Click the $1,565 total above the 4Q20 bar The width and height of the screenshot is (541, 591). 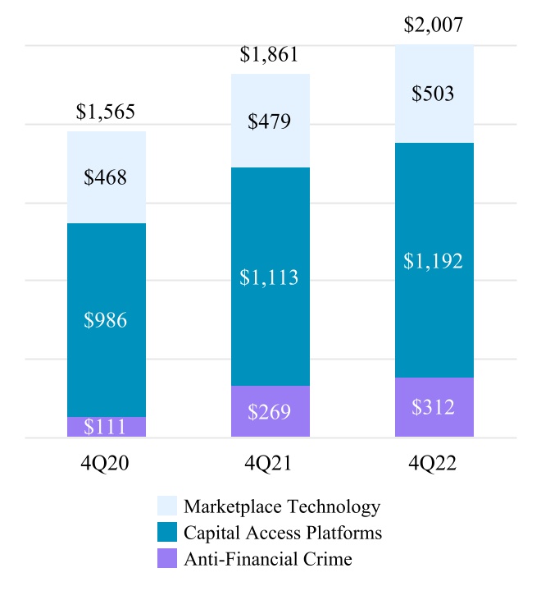point(106,112)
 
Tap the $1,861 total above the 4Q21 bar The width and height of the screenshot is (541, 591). point(269,55)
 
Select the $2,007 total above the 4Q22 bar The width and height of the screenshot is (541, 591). point(434,25)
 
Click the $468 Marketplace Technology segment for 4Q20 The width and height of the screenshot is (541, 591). point(106,177)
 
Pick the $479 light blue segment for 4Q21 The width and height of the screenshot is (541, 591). point(270,121)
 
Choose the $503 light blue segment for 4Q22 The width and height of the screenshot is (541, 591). point(434,94)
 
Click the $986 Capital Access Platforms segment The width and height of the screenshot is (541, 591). point(106,320)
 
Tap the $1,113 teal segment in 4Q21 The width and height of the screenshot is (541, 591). point(270,277)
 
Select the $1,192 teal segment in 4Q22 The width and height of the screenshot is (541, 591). point(434,261)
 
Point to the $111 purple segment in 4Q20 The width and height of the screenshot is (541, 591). point(106,428)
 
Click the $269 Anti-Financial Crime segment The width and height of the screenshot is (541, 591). point(270,411)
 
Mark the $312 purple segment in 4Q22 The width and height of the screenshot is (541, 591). point(434,407)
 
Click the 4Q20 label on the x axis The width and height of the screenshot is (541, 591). point(106,464)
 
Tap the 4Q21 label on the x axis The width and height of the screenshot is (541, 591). point(270,464)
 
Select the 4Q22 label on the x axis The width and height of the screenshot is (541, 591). point(434,464)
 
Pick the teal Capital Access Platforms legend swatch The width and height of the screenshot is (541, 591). point(166,533)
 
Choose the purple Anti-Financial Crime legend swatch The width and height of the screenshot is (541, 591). point(166,560)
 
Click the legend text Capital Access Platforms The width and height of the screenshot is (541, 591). point(283,533)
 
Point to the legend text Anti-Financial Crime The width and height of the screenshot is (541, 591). point(268,560)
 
